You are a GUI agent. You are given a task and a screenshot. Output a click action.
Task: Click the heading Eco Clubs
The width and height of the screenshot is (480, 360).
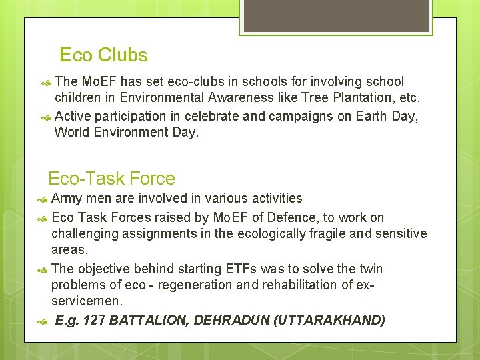[103, 55]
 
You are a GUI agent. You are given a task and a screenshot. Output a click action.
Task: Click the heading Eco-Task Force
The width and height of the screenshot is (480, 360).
[111, 179]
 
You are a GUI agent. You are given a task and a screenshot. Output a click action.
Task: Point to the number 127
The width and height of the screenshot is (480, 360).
[95, 320]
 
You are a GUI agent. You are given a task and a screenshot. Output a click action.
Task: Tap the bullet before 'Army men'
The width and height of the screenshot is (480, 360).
[43, 199]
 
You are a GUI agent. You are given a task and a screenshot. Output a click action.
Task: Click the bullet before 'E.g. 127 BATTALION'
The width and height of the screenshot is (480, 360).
[43, 321]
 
